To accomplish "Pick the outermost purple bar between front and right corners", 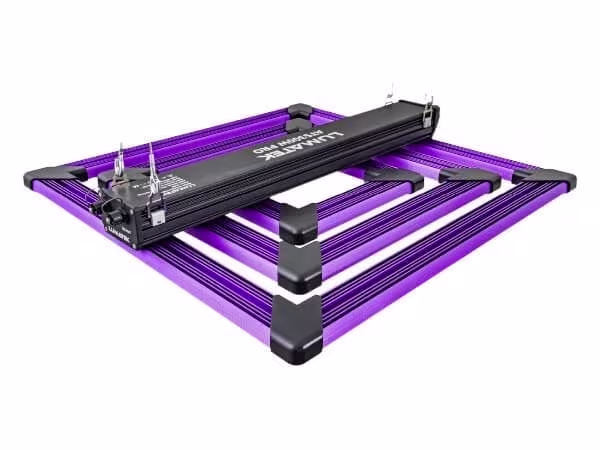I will (430, 260).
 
